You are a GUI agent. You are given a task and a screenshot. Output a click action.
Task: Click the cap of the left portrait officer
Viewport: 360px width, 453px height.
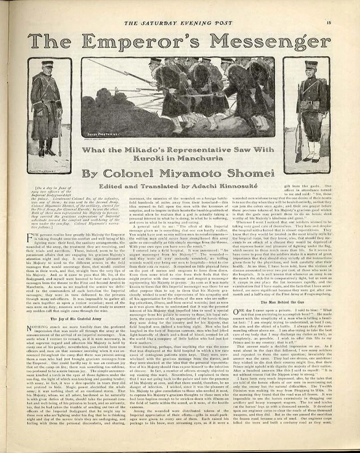click(48, 64)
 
